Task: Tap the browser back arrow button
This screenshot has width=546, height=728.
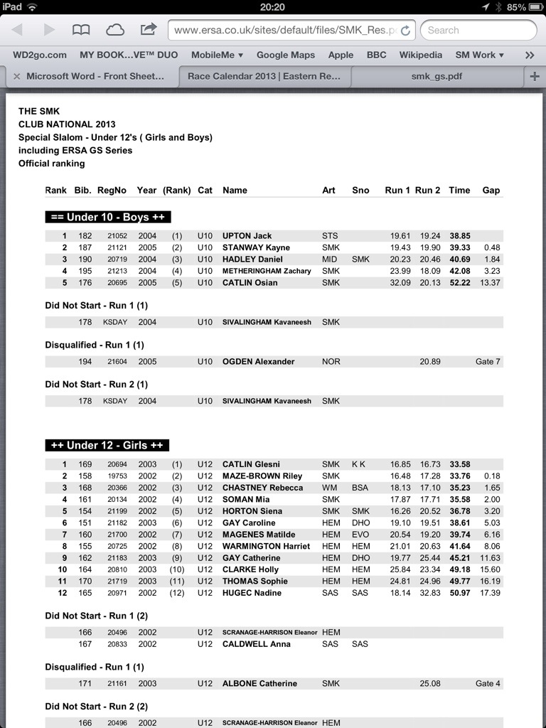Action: tap(17, 30)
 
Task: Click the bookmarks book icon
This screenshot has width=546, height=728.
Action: tap(81, 30)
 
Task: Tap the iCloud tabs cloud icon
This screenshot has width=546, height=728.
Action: tap(114, 30)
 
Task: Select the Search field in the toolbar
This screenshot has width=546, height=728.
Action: tap(478, 30)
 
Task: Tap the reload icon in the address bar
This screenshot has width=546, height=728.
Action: tap(405, 31)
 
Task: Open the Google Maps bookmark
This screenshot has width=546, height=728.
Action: tap(285, 55)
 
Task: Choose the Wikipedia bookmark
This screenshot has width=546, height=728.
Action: tap(420, 55)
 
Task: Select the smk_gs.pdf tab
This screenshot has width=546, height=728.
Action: tap(437, 76)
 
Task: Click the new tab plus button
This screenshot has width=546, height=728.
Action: tap(535, 76)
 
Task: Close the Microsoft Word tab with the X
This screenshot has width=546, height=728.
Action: tap(16, 76)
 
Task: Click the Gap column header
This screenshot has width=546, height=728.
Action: tap(491, 191)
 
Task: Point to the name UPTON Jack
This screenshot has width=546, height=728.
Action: tap(247, 236)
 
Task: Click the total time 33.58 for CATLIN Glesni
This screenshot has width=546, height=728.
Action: tap(459, 465)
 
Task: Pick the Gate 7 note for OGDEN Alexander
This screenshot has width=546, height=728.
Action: tap(488, 362)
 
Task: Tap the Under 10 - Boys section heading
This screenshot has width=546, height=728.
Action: tap(108, 218)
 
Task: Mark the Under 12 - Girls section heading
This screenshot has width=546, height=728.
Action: tap(107, 446)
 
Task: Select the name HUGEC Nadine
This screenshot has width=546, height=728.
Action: tap(252, 593)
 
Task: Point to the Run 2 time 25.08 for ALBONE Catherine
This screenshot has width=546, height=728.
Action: tap(430, 684)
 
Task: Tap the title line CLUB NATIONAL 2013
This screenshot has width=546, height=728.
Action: tap(67, 124)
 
